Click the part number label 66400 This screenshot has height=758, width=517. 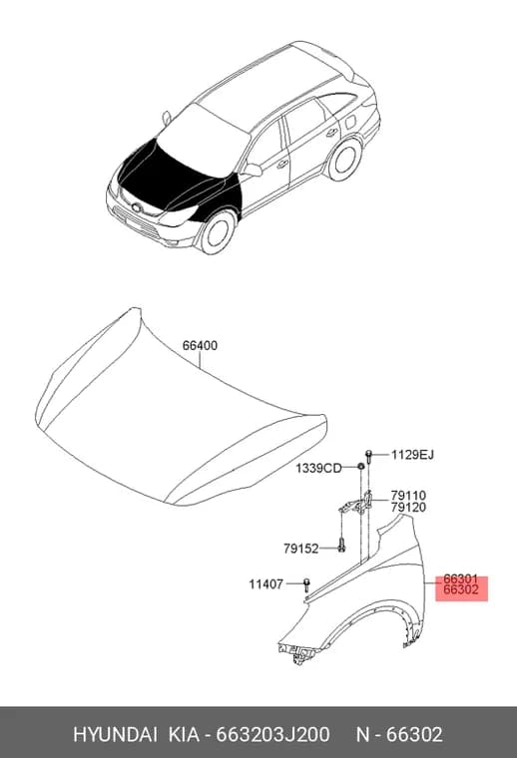[x=200, y=346]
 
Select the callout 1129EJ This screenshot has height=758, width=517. [x=412, y=455]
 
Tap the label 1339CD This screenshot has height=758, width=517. [x=318, y=468]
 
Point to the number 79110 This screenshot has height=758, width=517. [x=408, y=496]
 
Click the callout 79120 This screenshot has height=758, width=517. [x=408, y=507]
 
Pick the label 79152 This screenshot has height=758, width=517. [x=300, y=549]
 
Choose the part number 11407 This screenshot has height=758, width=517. [x=266, y=584]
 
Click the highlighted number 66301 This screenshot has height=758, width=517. [x=461, y=578]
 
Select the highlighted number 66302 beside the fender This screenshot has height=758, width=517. [x=461, y=589]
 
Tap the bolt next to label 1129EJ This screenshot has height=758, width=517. [x=369, y=456]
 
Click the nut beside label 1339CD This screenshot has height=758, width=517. [x=360, y=467]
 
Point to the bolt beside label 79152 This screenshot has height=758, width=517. [x=342, y=546]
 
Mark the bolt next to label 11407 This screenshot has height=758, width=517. [x=306, y=584]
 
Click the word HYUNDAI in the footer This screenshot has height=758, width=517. [x=115, y=734]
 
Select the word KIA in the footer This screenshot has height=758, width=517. [x=184, y=734]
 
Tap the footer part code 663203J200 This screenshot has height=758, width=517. [x=272, y=734]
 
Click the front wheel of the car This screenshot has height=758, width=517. [x=218, y=232]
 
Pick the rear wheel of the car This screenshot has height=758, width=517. [x=344, y=159]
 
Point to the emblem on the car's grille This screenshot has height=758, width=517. [x=135, y=207]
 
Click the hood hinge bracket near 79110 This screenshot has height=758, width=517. [x=356, y=504]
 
